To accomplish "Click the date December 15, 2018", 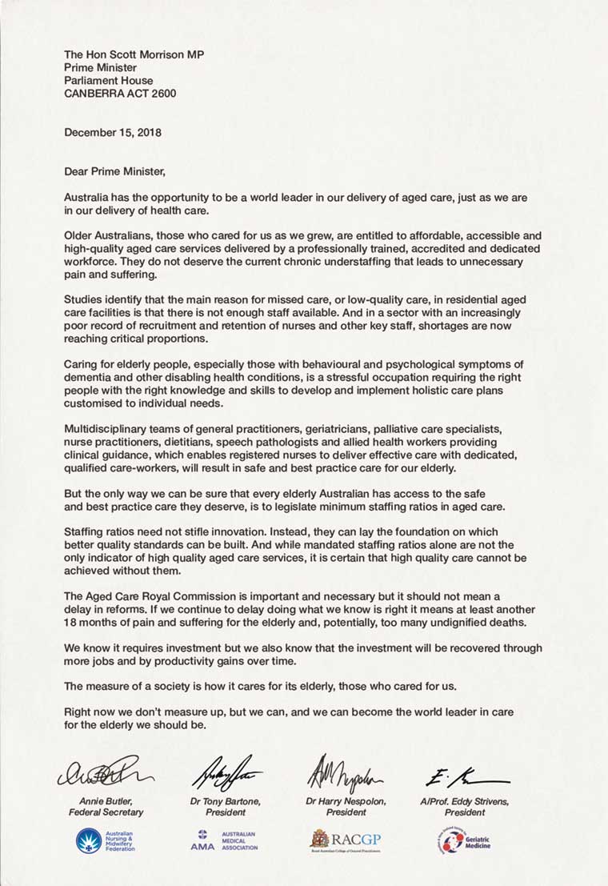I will click(x=112, y=132).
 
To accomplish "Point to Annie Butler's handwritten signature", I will click(x=105, y=771).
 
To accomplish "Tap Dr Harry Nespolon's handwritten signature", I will click(x=345, y=772).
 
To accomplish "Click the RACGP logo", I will click(x=346, y=840).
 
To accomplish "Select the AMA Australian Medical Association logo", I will click(x=224, y=840).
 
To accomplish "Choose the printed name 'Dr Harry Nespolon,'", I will click(x=346, y=801).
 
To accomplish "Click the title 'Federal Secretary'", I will click(x=105, y=812).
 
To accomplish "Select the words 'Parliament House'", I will click(x=108, y=80).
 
